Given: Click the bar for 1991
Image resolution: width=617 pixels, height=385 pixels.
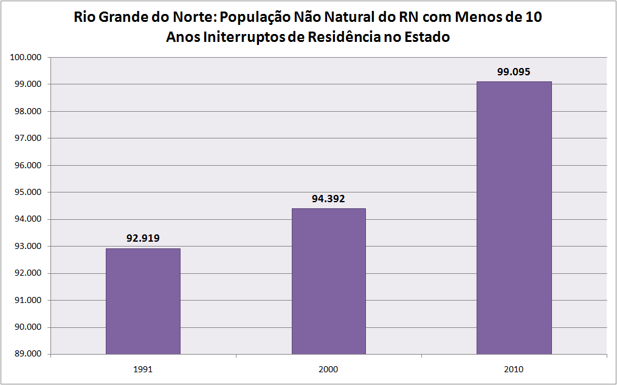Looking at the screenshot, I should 143,301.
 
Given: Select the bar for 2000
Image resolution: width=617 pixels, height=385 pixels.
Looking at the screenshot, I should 328,281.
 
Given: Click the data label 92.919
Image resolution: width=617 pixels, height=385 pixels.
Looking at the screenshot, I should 143,238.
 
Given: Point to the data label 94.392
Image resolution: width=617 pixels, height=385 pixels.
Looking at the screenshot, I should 328,198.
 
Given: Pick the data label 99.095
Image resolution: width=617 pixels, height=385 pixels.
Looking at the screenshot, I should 514,71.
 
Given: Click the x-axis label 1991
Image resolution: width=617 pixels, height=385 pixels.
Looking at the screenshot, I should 143,369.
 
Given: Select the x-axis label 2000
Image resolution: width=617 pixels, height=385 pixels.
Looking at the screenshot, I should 328,369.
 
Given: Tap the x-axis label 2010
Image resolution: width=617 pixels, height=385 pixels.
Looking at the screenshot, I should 514,369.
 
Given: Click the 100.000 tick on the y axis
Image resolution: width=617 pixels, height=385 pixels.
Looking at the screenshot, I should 26,58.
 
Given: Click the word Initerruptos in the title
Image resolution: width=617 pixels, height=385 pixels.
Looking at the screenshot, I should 234,38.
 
